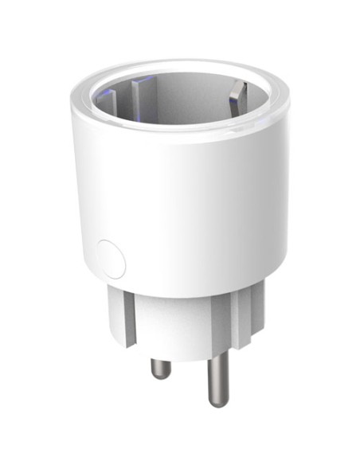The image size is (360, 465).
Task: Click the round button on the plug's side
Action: pos(110,259)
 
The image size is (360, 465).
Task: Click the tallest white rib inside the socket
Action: pos(141,92)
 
